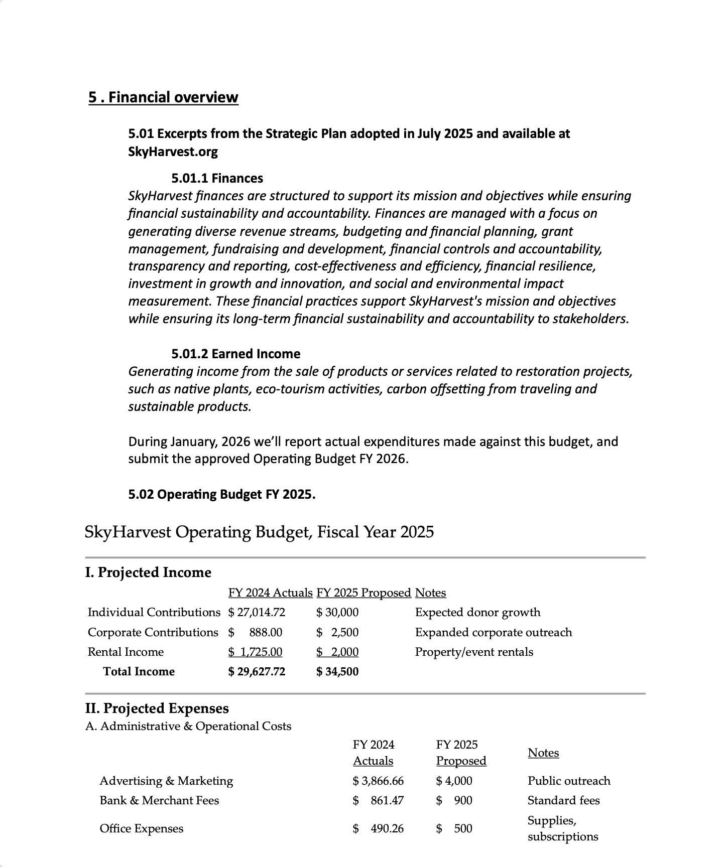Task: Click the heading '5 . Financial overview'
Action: click(x=163, y=97)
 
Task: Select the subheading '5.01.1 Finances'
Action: click(x=217, y=178)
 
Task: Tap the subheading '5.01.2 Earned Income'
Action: click(x=235, y=354)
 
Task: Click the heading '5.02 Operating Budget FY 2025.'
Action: click(x=221, y=494)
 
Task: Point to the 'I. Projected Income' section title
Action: click(x=148, y=572)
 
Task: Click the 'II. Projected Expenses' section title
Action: click(x=157, y=708)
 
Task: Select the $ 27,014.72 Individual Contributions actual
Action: click(x=257, y=612)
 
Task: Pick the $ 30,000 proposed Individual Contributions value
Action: click(x=337, y=612)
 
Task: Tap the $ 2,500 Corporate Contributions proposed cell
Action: click(x=337, y=632)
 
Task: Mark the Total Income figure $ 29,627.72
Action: click(x=257, y=671)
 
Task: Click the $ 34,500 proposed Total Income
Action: click(x=337, y=671)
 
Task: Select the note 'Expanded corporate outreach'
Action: click(x=493, y=632)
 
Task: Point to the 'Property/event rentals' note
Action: click(x=474, y=652)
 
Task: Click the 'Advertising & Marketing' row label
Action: click(x=166, y=781)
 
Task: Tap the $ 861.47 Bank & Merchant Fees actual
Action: click(x=378, y=800)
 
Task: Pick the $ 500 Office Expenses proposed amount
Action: click(x=454, y=828)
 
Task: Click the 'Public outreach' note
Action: click(x=569, y=781)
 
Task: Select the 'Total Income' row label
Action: click(x=139, y=671)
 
